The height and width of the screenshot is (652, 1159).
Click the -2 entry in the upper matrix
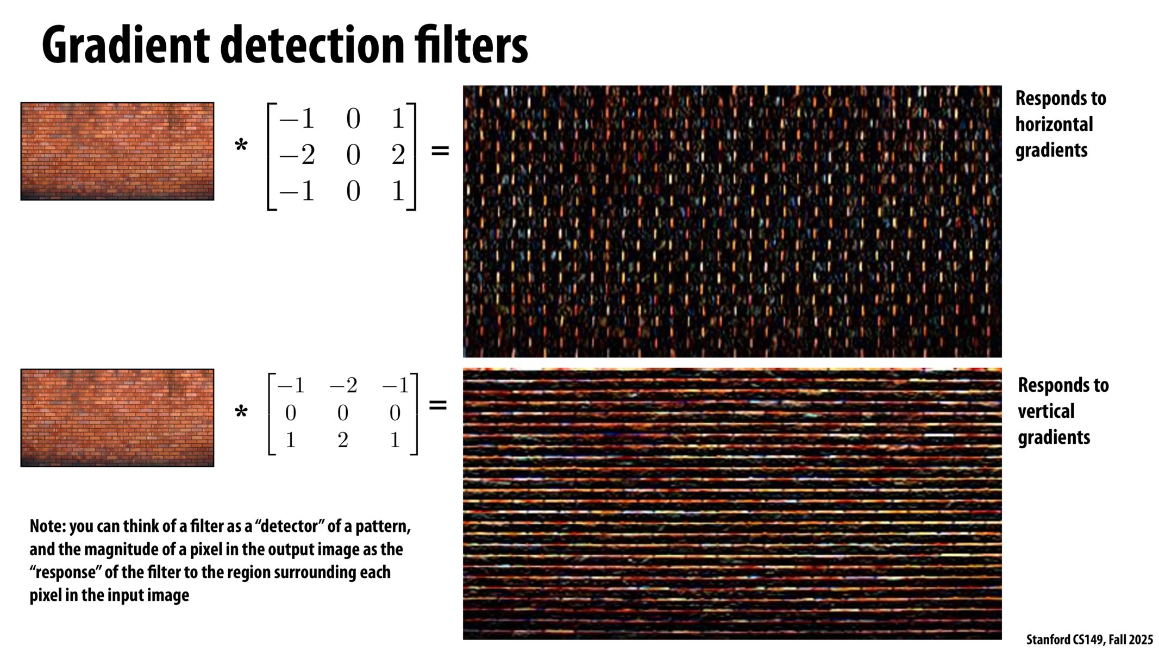click(297, 155)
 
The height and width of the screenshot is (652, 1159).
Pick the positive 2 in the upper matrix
click(398, 155)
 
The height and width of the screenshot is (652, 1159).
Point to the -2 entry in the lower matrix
click(343, 386)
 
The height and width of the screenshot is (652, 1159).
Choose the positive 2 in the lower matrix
click(343, 440)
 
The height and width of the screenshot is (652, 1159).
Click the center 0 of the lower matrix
click(343, 413)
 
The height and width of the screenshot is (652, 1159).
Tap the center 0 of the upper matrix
click(353, 155)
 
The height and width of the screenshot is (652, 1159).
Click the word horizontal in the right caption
click(1054, 124)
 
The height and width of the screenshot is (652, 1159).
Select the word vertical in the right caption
click(1046, 411)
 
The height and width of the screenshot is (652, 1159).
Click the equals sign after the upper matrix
click(440, 151)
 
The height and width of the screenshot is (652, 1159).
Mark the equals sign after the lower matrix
click(438, 405)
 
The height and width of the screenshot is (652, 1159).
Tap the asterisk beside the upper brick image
click(241, 146)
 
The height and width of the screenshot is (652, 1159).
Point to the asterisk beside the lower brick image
click(241, 412)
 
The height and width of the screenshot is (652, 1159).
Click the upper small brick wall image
click(117, 151)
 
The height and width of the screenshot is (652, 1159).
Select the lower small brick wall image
click(117, 418)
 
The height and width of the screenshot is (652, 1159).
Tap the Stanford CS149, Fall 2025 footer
click(1089, 640)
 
